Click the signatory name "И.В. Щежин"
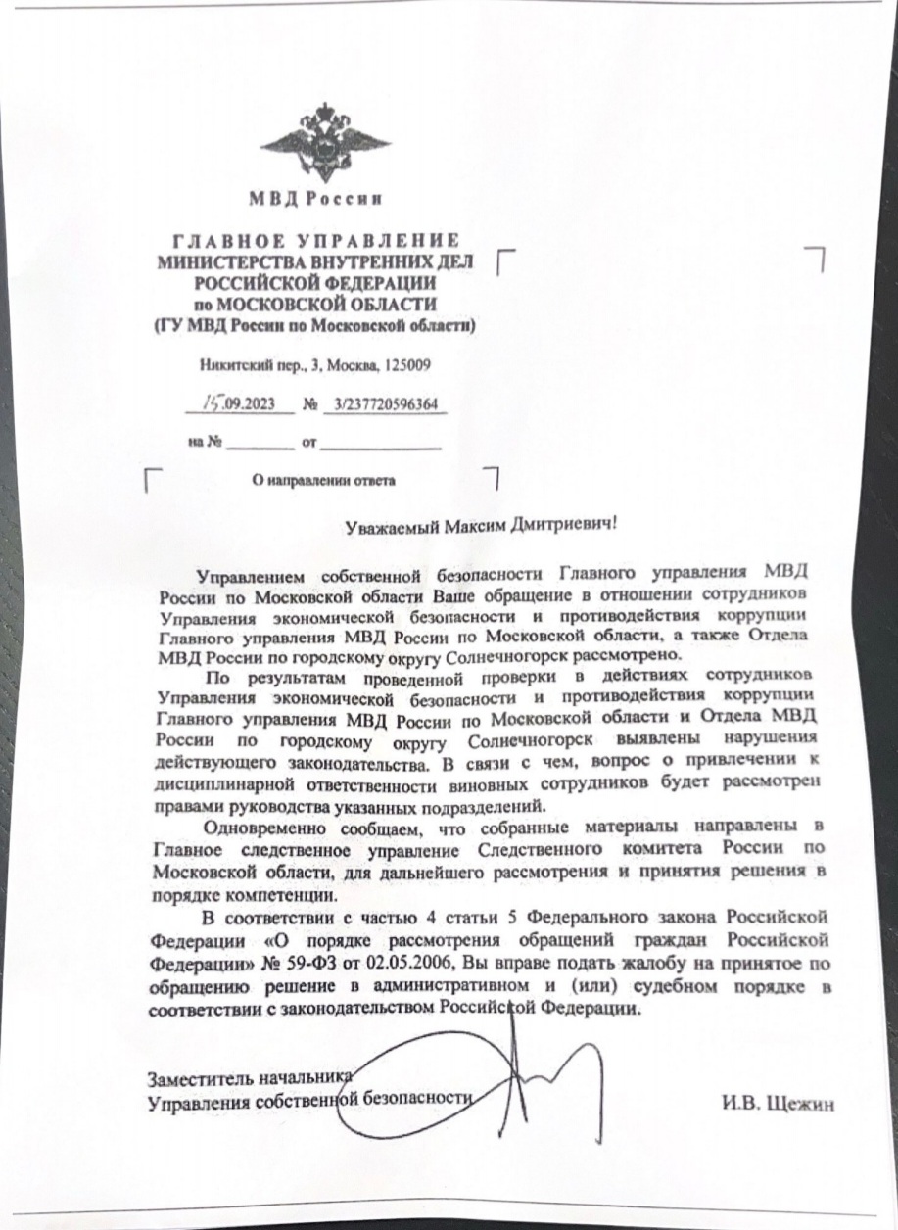[778, 1104]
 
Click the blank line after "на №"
[260, 444]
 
